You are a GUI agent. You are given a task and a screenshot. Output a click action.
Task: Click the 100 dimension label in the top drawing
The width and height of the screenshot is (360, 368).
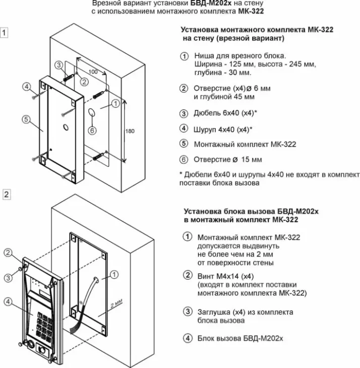[x=93, y=72]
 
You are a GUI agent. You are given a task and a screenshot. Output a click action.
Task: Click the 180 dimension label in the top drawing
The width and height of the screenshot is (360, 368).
[x=130, y=131]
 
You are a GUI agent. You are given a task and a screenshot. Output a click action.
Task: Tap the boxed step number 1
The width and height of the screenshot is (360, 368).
[x=4, y=33]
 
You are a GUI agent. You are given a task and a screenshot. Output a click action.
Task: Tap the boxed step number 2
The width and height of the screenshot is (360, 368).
[x=7, y=195]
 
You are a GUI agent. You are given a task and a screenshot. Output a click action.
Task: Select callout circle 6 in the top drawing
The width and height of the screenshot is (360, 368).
[x=92, y=131]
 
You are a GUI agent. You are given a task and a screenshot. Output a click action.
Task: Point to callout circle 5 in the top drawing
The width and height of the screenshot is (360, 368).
[x=26, y=119]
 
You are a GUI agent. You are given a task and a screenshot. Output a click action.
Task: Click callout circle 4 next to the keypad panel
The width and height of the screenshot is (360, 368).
[x=8, y=301]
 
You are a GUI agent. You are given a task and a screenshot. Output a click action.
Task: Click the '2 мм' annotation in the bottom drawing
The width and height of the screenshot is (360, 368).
[x=116, y=303]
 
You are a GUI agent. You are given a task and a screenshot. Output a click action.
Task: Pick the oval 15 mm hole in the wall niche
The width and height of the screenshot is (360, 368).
[x=92, y=112]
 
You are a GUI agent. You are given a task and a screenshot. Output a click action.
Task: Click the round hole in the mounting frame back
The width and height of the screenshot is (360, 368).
[x=66, y=128]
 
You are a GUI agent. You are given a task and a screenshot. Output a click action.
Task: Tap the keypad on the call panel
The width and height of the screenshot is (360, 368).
[x=44, y=326]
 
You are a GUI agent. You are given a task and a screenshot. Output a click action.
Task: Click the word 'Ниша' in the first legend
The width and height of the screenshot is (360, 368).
[x=203, y=56]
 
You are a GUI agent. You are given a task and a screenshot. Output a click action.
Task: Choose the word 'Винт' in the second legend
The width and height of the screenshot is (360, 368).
[x=206, y=276]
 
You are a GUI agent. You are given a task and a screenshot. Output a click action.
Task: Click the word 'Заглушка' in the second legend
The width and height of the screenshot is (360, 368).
[x=214, y=312]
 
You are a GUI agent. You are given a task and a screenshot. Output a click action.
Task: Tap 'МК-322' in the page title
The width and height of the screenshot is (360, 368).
[x=251, y=11]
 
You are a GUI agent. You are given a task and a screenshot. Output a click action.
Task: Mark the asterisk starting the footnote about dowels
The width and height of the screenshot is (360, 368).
[x=181, y=174]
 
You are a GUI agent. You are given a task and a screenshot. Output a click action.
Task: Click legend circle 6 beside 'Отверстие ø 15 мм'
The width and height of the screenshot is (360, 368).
[x=184, y=160]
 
